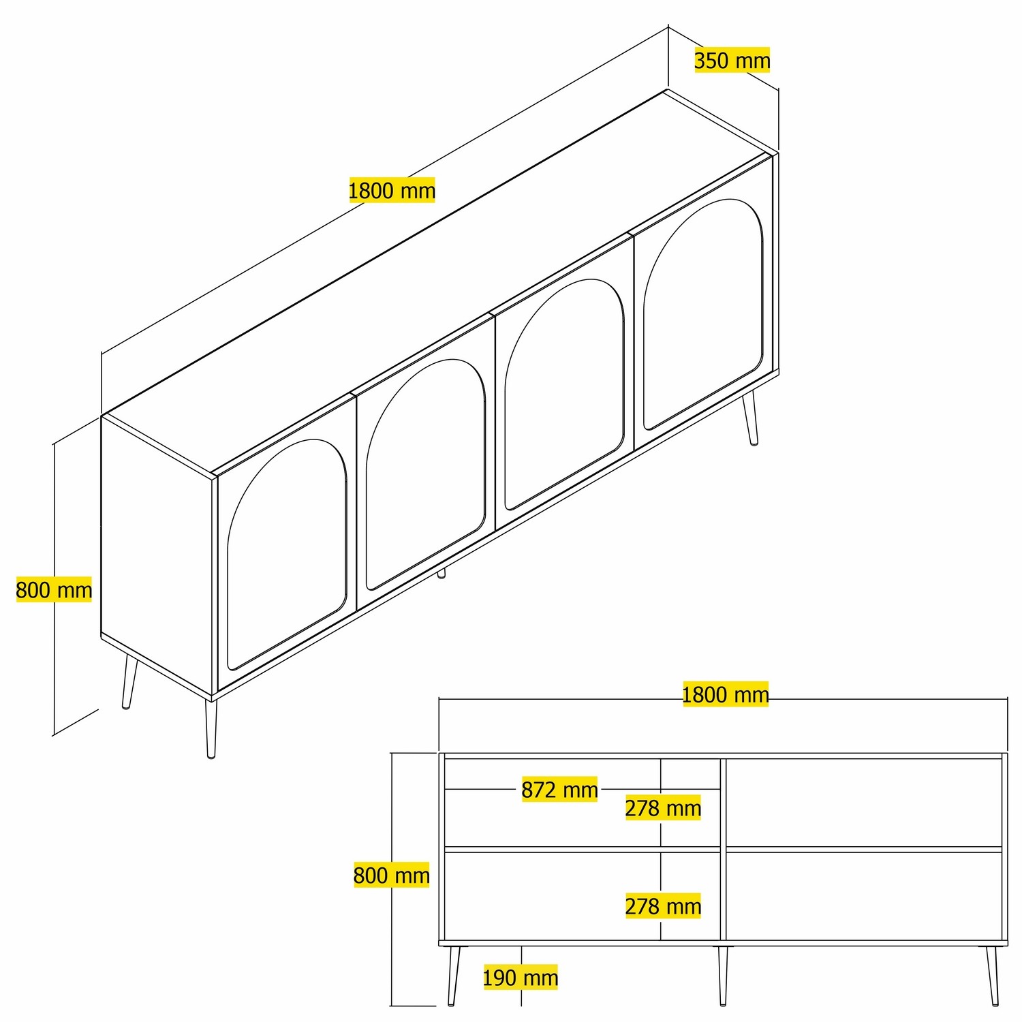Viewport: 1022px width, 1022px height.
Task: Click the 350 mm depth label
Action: click(732, 60)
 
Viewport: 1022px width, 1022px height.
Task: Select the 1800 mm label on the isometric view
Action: click(392, 190)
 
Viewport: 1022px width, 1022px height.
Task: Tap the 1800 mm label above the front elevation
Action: click(726, 694)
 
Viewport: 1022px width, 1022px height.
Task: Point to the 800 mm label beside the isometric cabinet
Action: click(54, 589)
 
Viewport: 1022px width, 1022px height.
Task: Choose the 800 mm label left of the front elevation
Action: click(392, 875)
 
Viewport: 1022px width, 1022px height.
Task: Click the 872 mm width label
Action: click(559, 790)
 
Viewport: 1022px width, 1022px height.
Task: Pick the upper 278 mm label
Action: click(664, 808)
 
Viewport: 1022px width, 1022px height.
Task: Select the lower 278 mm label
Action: click(664, 906)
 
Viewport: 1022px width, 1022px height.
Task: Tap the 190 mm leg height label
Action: click(521, 978)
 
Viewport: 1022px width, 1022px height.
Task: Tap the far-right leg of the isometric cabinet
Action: click(751, 417)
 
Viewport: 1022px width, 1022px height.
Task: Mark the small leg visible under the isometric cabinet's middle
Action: click(442, 574)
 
